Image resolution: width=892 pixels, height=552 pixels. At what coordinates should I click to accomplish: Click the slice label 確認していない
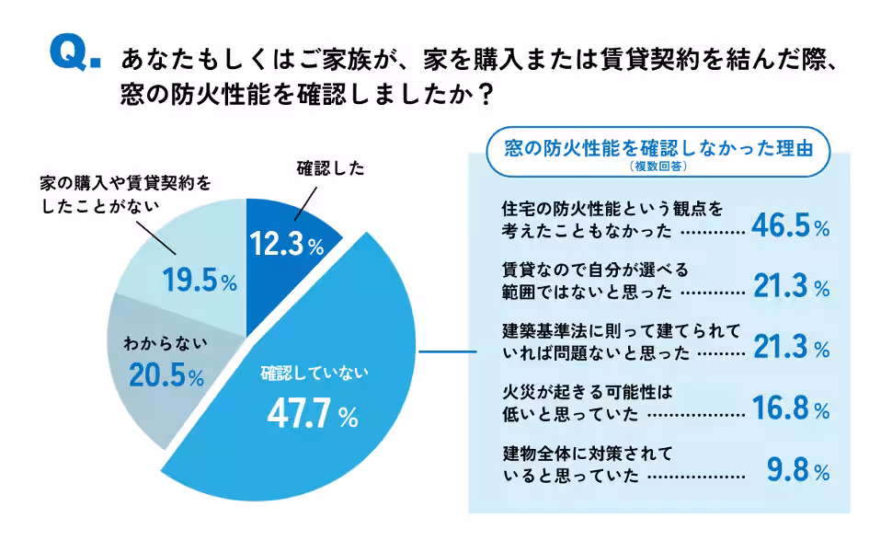click(x=314, y=373)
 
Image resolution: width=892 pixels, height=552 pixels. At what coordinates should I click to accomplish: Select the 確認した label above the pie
click(x=330, y=168)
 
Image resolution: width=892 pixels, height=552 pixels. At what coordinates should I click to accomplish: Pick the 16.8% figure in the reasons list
click(x=790, y=408)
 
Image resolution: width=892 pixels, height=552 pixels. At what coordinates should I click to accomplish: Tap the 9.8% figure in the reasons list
click(x=798, y=471)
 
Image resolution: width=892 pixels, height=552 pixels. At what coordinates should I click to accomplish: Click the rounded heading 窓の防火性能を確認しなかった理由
click(x=659, y=148)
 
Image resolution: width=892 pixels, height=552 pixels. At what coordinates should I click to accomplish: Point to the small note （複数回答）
click(x=659, y=167)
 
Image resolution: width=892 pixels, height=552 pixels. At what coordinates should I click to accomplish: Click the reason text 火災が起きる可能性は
click(x=582, y=390)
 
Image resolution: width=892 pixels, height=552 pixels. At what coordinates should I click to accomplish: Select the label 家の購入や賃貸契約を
click(x=125, y=183)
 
